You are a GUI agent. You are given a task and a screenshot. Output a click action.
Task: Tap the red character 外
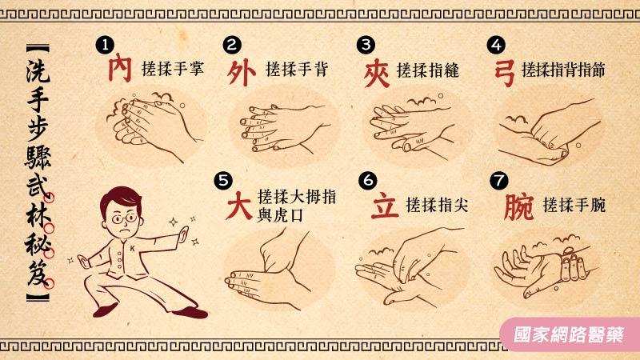242,73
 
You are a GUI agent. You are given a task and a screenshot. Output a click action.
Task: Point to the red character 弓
504,73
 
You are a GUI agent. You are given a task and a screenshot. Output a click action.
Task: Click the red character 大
239,206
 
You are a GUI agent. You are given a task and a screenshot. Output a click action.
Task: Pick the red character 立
385,205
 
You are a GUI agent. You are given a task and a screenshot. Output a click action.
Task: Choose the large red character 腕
518,206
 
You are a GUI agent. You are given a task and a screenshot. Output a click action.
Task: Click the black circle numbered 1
105,45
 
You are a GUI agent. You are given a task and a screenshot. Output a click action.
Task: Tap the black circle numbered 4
496,45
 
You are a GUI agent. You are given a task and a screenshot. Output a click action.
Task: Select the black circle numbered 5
223,180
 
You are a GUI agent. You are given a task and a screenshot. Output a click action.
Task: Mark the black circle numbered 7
498,180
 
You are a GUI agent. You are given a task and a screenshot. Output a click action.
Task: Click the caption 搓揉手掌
173,68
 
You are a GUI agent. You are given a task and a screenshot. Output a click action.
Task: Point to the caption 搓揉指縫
428,70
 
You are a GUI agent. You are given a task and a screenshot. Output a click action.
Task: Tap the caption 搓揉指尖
437,205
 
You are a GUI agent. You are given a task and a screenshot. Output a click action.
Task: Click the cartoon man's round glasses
124,219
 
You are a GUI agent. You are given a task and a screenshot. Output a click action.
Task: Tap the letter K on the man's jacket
132,249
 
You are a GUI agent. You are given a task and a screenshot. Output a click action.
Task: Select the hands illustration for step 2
284,128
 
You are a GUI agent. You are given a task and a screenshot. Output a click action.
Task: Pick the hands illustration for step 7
546,266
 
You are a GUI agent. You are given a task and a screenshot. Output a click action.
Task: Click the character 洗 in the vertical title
38,70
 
